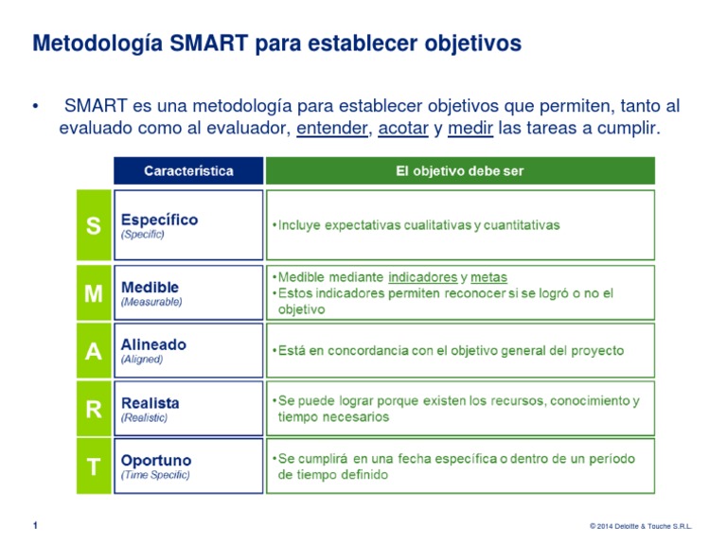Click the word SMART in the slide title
click(x=200, y=44)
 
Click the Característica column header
click(x=188, y=171)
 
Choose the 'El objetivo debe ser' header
click(x=459, y=171)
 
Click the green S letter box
click(x=92, y=225)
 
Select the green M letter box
click(x=92, y=293)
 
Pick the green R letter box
click(x=92, y=409)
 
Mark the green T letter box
click(x=92, y=466)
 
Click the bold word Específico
click(x=159, y=220)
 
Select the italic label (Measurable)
click(x=151, y=303)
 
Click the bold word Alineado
click(x=154, y=345)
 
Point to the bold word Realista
click(x=151, y=403)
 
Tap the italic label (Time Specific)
click(x=155, y=475)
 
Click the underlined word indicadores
click(x=423, y=278)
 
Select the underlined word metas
click(x=488, y=278)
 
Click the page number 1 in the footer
click(x=35, y=525)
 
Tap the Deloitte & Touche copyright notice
click(x=640, y=526)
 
